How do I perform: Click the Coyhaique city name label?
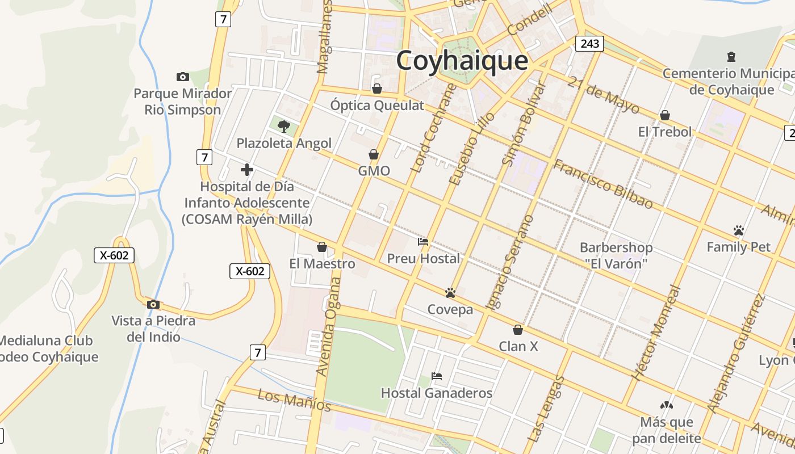(462, 60)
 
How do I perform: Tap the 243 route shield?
(589, 43)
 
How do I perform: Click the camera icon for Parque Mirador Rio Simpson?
(182, 77)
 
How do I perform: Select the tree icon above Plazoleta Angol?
(283, 126)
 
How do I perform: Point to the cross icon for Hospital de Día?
(246, 169)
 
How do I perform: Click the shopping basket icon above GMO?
(374, 154)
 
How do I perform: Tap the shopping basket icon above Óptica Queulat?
(376, 89)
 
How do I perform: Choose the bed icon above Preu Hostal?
(423, 242)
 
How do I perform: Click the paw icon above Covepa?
(450, 293)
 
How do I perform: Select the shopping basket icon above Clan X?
(517, 329)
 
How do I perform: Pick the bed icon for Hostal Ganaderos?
(436, 376)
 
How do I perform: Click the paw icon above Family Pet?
(738, 230)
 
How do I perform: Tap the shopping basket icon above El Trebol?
(664, 115)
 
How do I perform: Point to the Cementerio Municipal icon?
(731, 57)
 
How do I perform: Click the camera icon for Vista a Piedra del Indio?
(153, 304)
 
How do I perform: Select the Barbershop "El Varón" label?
(616, 255)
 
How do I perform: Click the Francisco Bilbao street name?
(603, 184)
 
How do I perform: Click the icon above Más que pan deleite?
(666, 405)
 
